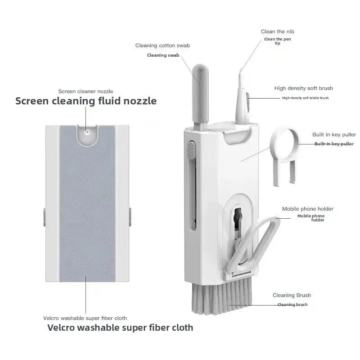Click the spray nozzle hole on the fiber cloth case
[x=87, y=132]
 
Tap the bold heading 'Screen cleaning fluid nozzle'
[x=86, y=101]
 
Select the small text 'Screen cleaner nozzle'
[x=85, y=91]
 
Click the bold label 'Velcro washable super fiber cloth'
[x=120, y=328]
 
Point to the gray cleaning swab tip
[x=200, y=76]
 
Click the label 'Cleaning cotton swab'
[x=162, y=45]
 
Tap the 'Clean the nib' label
[x=277, y=31]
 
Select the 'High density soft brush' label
[x=303, y=88]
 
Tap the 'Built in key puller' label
[x=334, y=135]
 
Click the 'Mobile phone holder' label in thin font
[x=308, y=209]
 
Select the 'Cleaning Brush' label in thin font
[x=292, y=295]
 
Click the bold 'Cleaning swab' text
[x=163, y=55]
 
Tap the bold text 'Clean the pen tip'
[x=277, y=41]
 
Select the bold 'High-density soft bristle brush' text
[x=306, y=98]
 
